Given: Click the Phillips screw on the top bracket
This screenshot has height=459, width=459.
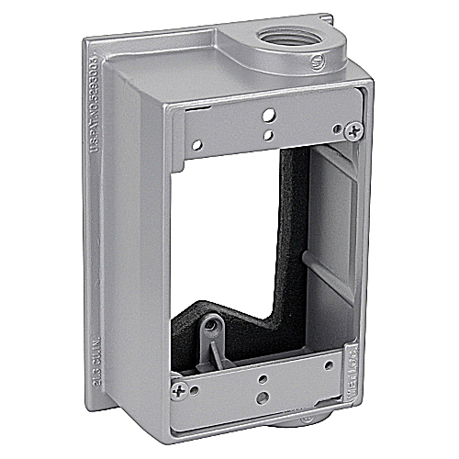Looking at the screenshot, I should click(x=353, y=132).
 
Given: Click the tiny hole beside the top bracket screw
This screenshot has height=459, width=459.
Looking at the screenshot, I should click(x=337, y=125).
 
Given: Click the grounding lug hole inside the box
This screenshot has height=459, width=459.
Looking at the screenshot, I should click(x=214, y=324).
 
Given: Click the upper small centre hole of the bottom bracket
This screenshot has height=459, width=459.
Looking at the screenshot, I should click(x=262, y=377).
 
